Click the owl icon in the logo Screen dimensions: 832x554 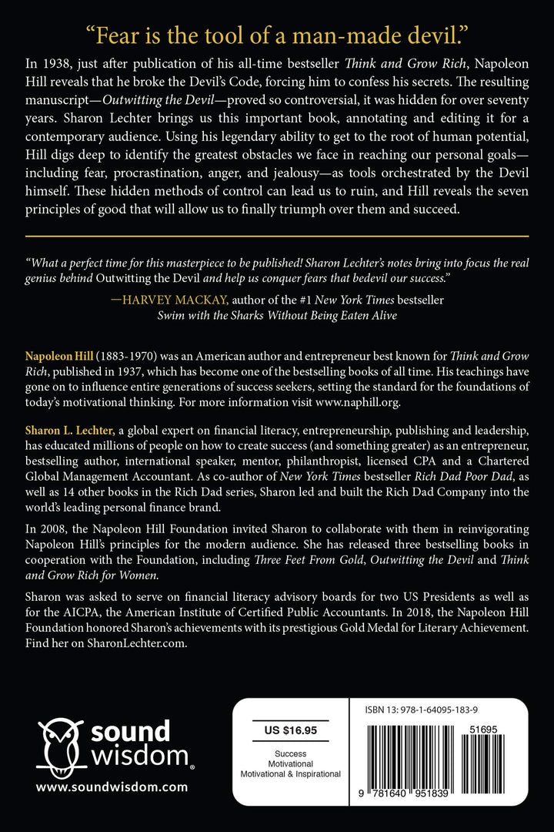[61, 743]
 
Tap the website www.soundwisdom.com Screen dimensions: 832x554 [112, 787]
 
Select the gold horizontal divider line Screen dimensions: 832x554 [277, 235]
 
